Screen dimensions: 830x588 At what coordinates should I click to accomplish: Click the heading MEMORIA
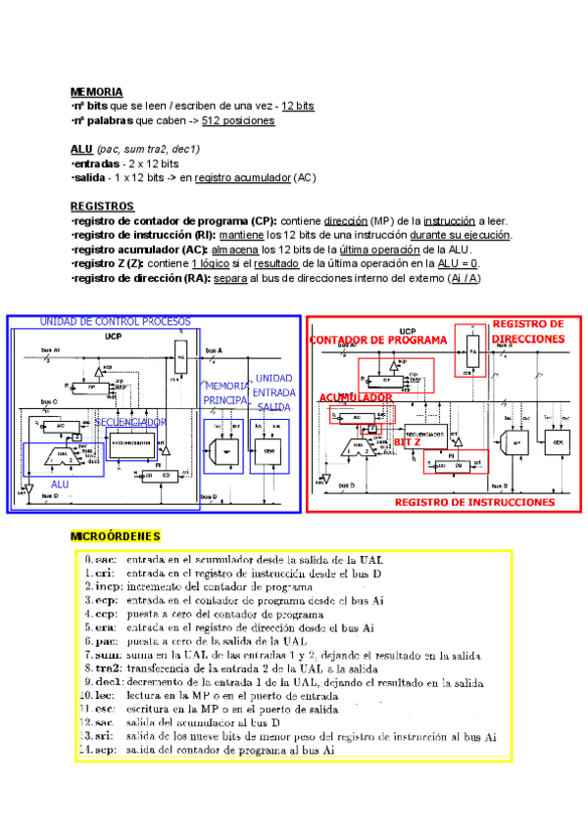tap(96, 91)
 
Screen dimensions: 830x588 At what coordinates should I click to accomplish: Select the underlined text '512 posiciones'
tap(238, 120)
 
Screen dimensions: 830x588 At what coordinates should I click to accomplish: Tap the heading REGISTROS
tap(102, 207)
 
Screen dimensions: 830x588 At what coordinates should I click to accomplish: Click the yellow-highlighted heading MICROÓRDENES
tap(116, 536)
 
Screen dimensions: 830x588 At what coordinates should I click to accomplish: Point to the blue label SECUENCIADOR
tap(130, 422)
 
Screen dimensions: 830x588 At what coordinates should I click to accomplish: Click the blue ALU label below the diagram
tap(60, 484)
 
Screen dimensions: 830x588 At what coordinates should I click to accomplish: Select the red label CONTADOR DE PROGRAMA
tap(378, 341)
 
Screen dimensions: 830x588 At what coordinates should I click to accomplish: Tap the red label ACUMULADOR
tap(356, 397)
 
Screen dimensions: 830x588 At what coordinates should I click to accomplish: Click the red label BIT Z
tap(408, 442)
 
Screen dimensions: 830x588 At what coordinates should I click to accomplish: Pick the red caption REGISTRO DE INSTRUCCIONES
tap(474, 502)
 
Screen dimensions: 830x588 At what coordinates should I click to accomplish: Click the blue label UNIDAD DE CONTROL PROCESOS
tap(115, 322)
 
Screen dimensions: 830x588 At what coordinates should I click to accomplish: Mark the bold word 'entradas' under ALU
tap(98, 163)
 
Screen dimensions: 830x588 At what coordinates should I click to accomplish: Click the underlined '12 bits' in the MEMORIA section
tap(297, 106)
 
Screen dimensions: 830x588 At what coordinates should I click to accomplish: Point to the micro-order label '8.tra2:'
tap(103, 669)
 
